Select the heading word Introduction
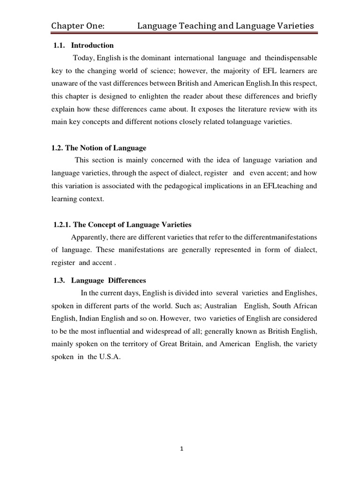(92, 45)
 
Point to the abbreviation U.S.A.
(109, 356)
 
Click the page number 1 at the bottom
(181, 449)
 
